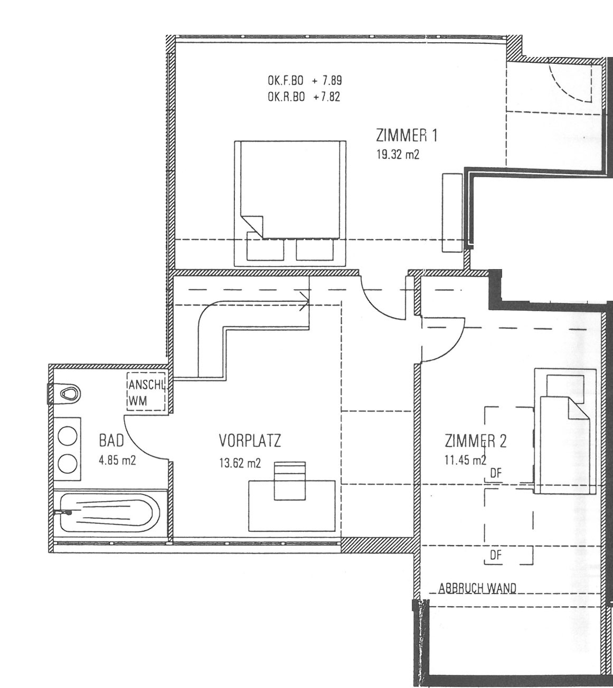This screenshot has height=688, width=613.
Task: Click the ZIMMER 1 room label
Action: click(x=407, y=136)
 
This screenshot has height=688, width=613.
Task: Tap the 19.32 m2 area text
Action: click(x=398, y=155)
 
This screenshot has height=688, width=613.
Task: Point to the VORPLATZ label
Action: click(x=250, y=441)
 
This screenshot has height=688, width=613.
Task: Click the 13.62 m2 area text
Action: click(x=240, y=463)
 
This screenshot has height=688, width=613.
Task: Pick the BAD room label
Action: click(x=111, y=441)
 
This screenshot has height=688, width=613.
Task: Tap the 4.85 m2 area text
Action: click(x=117, y=461)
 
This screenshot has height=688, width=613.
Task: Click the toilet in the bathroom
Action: click(x=64, y=394)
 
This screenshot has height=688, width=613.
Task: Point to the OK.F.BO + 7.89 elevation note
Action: click(x=305, y=81)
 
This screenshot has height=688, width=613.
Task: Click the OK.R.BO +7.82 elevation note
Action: click(x=304, y=97)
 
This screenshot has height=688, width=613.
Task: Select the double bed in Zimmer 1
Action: click(x=290, y=204)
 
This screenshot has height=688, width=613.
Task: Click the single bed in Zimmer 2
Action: click(x=565, y=431)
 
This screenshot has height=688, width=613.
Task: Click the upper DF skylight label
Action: click(x=496, y=473)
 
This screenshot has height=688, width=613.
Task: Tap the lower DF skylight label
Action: click(x=496, y=556)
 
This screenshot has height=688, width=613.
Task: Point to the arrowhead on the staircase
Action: click(x=305, y=301)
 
